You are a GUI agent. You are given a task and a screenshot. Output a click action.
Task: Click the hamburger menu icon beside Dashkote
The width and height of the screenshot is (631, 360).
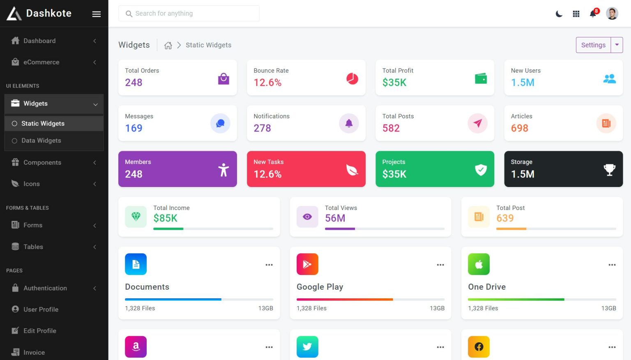pyautogui.click(x=97, y=14)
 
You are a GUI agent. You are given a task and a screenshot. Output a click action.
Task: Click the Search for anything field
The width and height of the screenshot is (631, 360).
pyautogui.click(x=189, y=14)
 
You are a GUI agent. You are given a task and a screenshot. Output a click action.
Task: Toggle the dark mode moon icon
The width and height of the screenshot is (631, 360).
pyautogui.click(x=559, y=14)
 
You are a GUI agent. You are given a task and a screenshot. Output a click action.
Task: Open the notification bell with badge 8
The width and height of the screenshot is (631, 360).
pyautogui.click(x=593, y=14)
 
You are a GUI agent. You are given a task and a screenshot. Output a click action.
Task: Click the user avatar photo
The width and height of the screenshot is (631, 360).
pyautogui.click(x=612, y=14)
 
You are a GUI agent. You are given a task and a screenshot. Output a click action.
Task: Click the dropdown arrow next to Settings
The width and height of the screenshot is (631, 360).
pyautogui.click(x=617, y=45)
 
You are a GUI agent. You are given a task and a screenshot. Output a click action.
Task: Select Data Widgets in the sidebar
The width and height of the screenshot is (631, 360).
pyautogui.click(x=41, y=141)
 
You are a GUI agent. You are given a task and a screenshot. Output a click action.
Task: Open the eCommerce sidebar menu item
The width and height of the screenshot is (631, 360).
pyautogui.click(x=41, y=62)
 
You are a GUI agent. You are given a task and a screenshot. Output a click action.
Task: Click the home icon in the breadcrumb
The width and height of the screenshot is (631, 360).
pyautogui.click(x=168, y=45)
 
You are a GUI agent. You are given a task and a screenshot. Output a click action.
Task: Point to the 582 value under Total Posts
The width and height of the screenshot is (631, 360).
pyautogui.click(x=391, y=128)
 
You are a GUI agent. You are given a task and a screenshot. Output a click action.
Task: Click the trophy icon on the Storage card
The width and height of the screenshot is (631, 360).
pyautogui.click(x=609, y=169)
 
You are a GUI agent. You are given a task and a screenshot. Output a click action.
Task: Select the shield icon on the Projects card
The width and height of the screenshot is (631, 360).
pyautogui.click(x=481, y=169)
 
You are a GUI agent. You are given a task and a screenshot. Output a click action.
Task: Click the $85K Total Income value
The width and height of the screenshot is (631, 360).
pyautogui.click(x=165, y=218)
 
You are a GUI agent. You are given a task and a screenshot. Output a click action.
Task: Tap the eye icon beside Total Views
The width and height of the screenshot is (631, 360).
pyautogui.click(x=307, y=217)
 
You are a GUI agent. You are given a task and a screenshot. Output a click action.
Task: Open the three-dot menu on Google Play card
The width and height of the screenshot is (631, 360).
pyautogui.click(x=440, y=265)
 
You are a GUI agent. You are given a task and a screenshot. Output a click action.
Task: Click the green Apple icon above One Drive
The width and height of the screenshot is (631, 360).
pyautogui.click(x=479, y=264)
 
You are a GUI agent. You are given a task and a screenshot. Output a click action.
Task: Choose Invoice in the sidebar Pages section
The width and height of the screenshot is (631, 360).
pyautogui.click(x=34, y=352)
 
